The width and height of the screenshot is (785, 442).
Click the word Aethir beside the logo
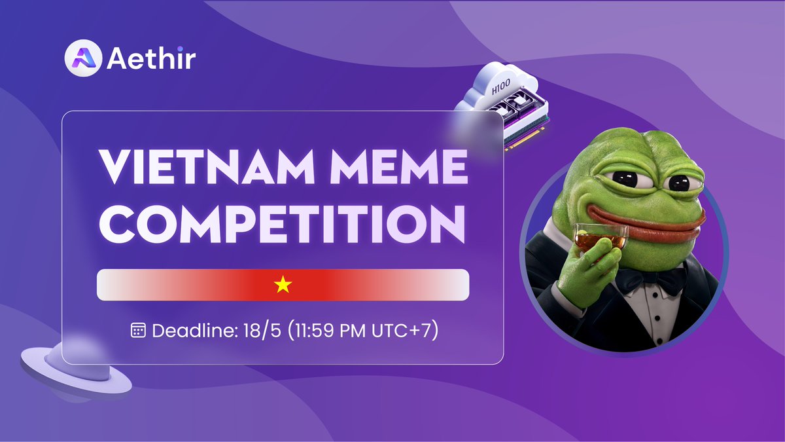coord(151,60)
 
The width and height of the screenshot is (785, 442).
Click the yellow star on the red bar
coord(283,285)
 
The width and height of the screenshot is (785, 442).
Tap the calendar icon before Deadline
coord(138,331)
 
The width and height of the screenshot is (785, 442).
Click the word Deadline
coord(190,331)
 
